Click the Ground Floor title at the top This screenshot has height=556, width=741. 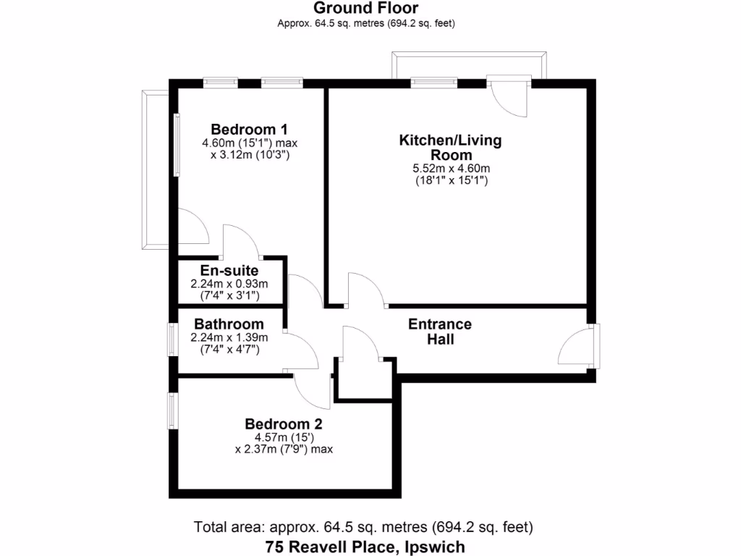click(x=365, y=8)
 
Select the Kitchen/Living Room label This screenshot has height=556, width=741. click(x=450, y=147)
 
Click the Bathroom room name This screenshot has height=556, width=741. click(x=229, y=324)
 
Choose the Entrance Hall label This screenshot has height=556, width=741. click(x=440, y=331)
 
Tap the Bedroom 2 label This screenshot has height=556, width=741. click(x=283, y=424)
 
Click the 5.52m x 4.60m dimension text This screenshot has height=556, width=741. click(x=450, y=169)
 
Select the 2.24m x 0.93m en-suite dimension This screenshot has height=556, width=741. click(x=229, y=284)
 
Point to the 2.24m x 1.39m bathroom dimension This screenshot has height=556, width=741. click(x=229, y=337)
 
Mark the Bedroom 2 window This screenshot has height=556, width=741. click(x=172, y=410)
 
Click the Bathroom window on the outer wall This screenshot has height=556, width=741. click(x=172, y=339)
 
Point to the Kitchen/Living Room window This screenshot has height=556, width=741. click(x=434, y=83)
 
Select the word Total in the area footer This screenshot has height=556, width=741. click(x=209, y=526)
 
